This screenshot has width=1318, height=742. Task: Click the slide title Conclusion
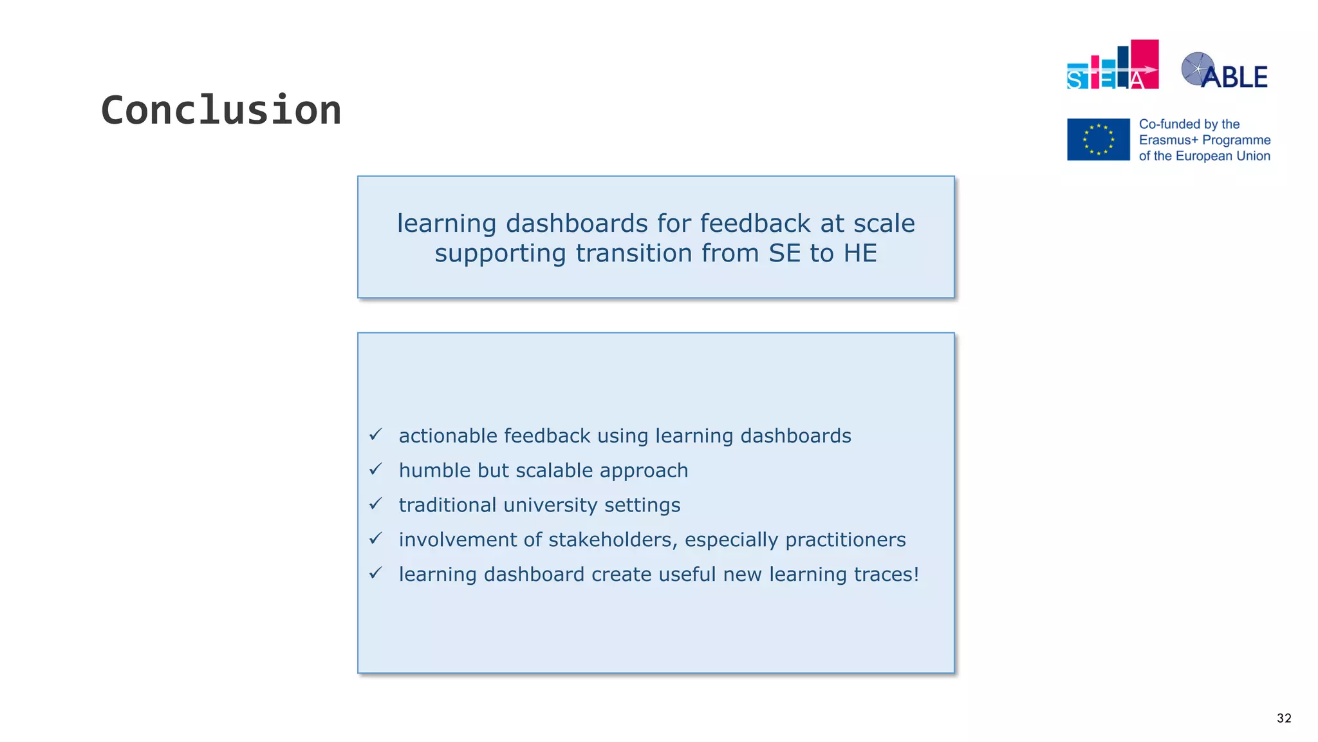click(x=221, y=110)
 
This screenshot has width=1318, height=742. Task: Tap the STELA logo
click(x=1112, y=66)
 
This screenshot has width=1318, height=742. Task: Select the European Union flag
click(x=1098, y=139)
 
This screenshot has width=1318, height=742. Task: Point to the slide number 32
click(x=1283, y=718)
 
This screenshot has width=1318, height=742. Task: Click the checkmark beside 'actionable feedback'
click(x=376, y=435)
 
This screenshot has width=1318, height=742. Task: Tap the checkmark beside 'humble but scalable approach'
click(x=376, y=470)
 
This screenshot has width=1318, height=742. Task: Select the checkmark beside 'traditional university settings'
click(x=376, y=504)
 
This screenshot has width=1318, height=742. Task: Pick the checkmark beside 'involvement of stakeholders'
click(x=376, y=538)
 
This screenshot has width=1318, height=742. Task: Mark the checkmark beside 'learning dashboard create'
click(x=376, y=573)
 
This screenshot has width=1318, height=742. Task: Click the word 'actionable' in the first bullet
click(x=447, y=436)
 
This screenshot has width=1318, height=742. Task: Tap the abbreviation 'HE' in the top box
click(x=860, y=253)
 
